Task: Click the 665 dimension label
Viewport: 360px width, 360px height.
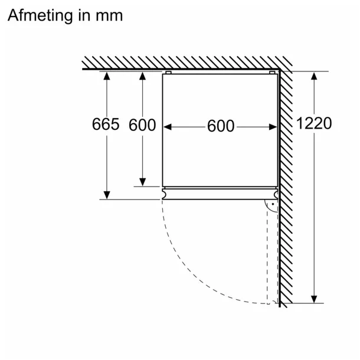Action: coord(106,124)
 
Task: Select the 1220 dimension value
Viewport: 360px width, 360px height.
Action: coord(314,123)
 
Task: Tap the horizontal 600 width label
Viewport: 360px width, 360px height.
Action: coord(221,126)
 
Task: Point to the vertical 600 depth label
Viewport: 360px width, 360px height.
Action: coord(142,125)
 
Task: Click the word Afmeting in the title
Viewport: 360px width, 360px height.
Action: coord(40,16)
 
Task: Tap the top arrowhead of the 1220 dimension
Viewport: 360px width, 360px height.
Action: coord(314,76)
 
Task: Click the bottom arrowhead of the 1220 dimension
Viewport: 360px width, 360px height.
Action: coord(314,299)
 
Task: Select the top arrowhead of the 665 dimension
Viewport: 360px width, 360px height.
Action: coord(107,76)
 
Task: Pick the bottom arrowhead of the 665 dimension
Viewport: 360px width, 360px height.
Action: coord(107,195)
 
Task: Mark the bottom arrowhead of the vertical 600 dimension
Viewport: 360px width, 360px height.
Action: coord(143,182)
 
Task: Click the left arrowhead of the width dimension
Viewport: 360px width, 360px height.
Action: coord(168,127)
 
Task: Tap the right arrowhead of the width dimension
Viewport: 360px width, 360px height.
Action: coord(273,127)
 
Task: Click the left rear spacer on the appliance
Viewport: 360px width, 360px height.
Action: coord(168,73)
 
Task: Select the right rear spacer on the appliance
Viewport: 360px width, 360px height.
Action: coord(272,73)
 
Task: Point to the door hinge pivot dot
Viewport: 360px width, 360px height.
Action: coord(273,204)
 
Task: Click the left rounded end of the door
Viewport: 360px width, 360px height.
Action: coord(164,195)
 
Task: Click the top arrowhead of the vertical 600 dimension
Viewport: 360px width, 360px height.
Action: coord(143,76)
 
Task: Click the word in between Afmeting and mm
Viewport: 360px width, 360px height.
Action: coord(84,16)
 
